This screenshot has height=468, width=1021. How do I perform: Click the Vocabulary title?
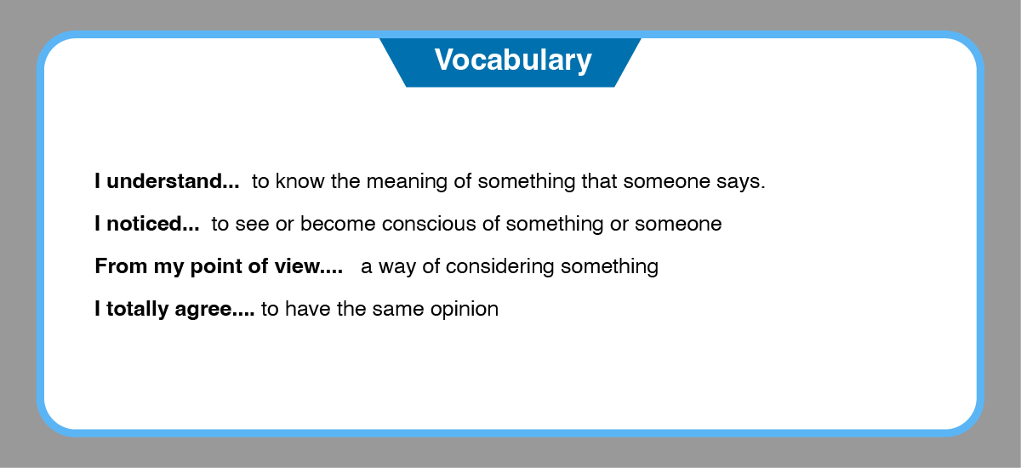point(513,60)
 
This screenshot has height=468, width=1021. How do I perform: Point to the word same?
point(398,310)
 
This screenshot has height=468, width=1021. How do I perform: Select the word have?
point(308,309)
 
